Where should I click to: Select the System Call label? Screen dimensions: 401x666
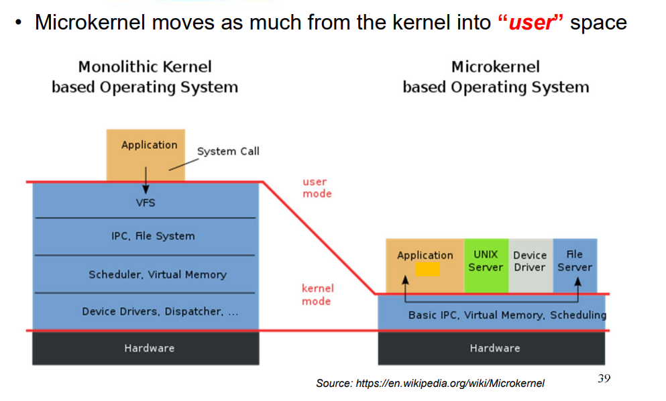point(228,152)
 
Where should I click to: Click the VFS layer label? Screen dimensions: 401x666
point(146,202)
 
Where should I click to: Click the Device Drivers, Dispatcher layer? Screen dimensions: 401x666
point(160,312)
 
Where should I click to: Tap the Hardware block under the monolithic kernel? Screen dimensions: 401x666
point(149,348)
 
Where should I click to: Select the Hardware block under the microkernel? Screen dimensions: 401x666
point(494,348)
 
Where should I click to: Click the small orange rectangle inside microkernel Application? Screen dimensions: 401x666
point(427,269)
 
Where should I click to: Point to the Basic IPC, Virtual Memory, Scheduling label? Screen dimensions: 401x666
point(507,314)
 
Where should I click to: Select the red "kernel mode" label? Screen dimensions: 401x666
point(317,295)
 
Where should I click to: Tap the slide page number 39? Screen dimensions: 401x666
point(604,379)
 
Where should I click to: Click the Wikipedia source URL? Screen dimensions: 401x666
point(430,384)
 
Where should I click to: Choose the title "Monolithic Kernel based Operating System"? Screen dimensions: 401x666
point(145,76)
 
